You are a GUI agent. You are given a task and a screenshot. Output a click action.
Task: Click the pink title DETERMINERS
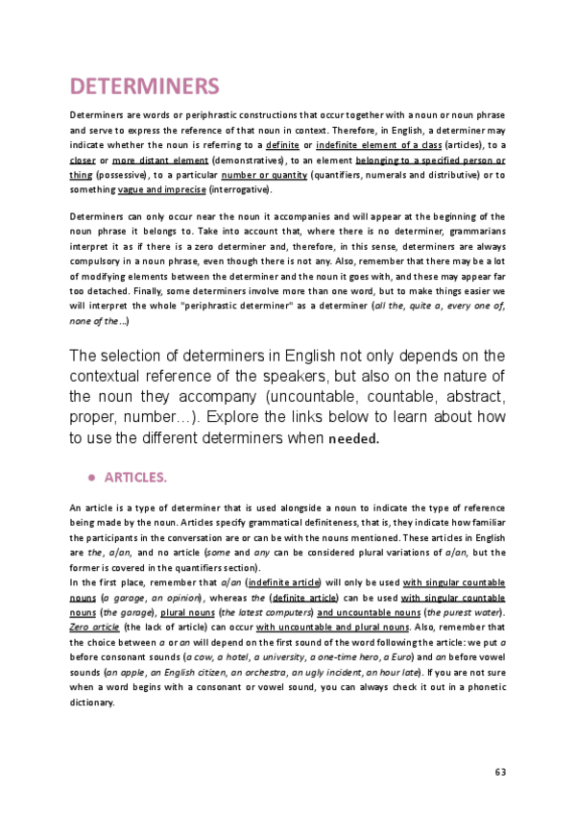[x=145, y=86]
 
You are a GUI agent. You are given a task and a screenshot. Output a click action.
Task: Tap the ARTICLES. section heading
[x=135, y=477]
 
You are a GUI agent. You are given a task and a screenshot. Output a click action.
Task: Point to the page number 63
[x=499, y=772]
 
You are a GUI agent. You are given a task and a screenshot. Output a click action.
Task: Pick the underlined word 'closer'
[x=84, y=160]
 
